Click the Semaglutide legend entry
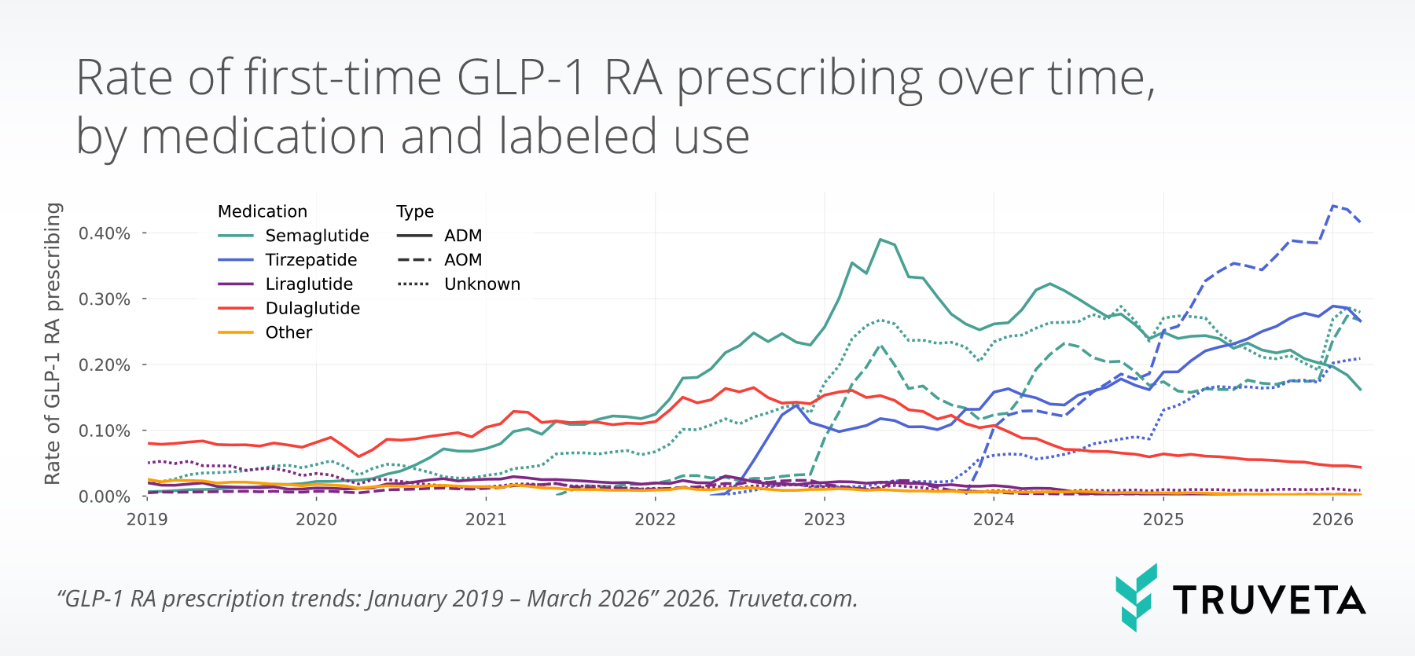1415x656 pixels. click(317, 236)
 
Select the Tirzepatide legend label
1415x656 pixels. click(311, 260)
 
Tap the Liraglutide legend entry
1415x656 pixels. click(309, 284)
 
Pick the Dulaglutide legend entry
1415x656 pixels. click(312, 309)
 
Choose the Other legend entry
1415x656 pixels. click(289, 333)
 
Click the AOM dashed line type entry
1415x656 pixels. click(463, 260)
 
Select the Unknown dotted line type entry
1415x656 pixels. click(482, 284)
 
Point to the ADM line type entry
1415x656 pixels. click(463, 236)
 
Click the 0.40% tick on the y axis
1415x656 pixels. click(105, 233)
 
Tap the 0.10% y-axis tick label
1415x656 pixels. click(105, 431)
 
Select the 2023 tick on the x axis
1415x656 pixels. click(825, 519)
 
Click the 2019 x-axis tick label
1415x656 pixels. click(147, 519)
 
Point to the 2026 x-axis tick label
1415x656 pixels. click(1332, 519)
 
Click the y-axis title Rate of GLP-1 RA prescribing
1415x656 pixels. click(53, 343)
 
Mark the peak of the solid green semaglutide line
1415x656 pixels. click(880, 240)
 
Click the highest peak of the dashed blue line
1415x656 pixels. click(1333, 206)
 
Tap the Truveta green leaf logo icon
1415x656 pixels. click(1137, 597)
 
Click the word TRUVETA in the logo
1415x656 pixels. click(1269, 600)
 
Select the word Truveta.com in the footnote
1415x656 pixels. click(792, 599)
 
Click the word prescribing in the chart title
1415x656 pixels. click(800, 79)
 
